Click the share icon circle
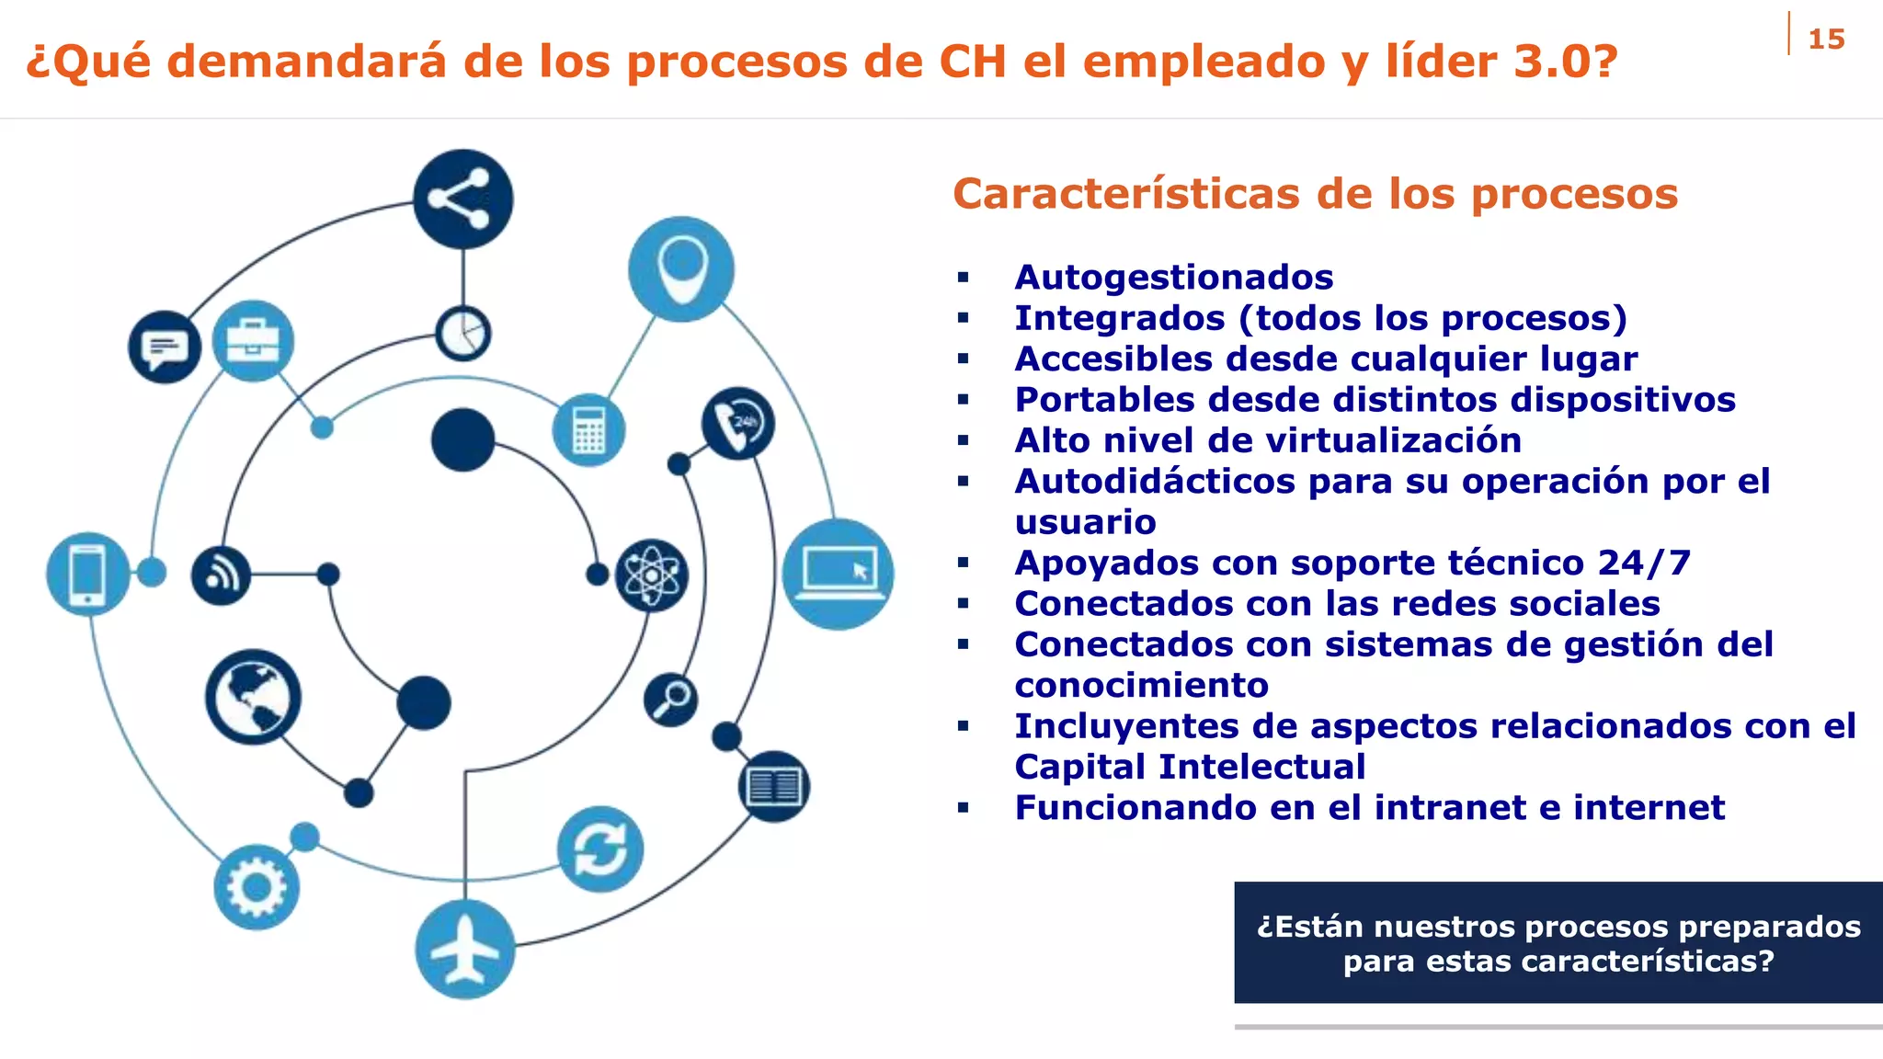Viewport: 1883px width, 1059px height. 462,199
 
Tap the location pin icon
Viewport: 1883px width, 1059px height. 681,268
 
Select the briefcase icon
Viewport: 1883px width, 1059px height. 253,341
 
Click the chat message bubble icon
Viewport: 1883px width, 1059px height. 165,347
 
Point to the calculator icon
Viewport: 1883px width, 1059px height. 588,430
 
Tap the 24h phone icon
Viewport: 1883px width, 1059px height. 737,424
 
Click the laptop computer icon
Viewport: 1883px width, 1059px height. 838,574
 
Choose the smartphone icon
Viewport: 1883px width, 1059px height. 87,574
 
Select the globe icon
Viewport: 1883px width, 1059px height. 253,697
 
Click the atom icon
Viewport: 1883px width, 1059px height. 651,575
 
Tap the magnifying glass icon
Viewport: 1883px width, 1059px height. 670,699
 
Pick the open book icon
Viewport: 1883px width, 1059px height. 773,787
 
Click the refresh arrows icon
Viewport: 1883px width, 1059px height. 600,848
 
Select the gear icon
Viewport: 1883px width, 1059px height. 256,887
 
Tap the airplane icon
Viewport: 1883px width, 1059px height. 464,949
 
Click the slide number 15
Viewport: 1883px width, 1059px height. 1826,40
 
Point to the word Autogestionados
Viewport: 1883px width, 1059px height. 1173,277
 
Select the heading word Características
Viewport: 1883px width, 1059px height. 1127,194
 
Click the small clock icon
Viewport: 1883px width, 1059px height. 462,333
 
